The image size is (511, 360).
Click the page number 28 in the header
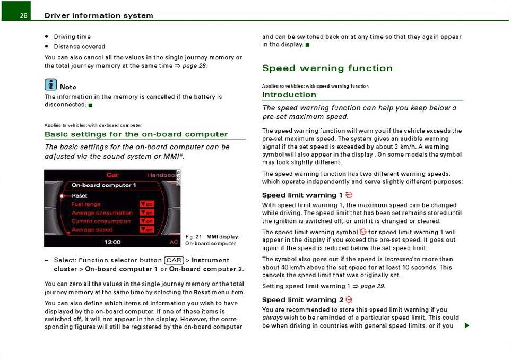pos(24,15)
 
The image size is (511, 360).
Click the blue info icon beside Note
pos(51,84)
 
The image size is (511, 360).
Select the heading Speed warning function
pos(327,68)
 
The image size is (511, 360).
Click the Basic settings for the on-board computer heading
pos(136,134)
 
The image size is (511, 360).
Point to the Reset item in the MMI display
pos(80,196)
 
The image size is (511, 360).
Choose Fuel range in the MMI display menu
pos(86,204)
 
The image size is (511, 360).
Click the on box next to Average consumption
pos(147,213)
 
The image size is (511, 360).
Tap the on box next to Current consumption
pos(147,221)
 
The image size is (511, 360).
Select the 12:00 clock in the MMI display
pos(112,242)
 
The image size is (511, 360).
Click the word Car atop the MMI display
pos(112,175)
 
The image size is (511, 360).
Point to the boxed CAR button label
pos(174,260)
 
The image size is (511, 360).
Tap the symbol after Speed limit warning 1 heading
pos(349,195)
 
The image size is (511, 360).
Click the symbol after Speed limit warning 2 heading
pos(349,300)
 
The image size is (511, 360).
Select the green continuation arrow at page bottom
pos(466,325)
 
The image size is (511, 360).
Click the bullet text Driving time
pos(72,37)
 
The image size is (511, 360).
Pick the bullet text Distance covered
pos(80,47)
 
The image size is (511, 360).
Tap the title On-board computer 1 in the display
pos(104,185)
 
